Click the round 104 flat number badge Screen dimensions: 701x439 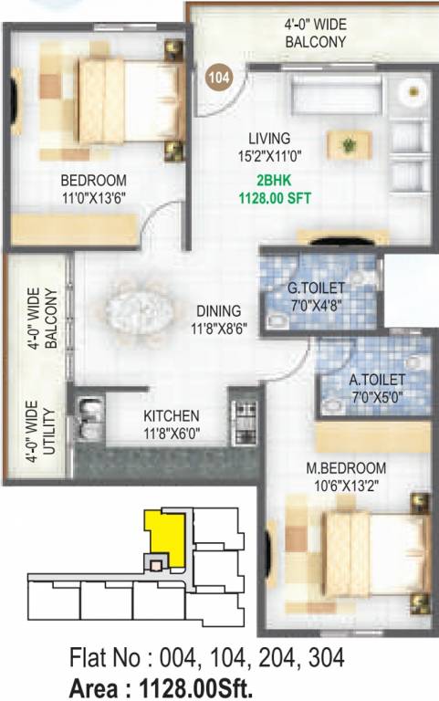219,78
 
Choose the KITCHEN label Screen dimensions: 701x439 171,415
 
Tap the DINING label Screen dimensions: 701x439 216,310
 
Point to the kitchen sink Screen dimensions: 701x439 89,421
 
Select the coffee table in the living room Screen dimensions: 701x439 349,144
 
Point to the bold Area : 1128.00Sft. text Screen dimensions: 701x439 161,685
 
